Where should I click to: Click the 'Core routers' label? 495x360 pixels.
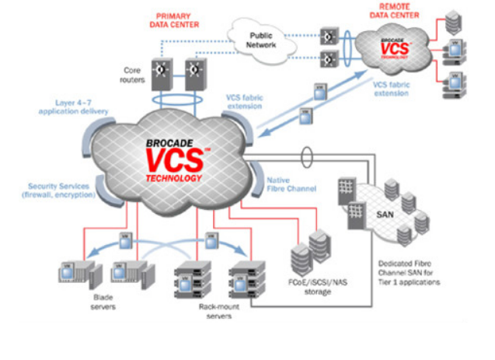tap(134, 75)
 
